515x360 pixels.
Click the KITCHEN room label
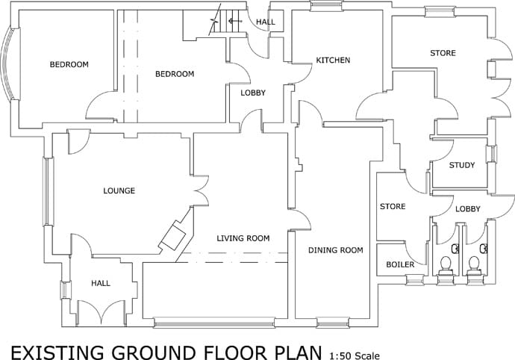coord(333,60)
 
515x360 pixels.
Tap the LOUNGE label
coord(119,190)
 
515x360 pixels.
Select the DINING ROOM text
coord(336,250)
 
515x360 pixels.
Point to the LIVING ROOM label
coord(243,238)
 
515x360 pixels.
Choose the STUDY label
coord(462,165)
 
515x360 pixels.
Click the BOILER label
coord(400,264)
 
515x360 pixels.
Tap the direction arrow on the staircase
coord(235,22)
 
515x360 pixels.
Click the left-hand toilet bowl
coord(446,264)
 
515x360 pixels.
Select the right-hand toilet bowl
coord(474,264)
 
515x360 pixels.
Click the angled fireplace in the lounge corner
coord(173,235)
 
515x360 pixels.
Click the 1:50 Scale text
coord(355,356)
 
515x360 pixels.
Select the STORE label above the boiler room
coord(393,206)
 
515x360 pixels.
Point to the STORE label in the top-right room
coord(443,53)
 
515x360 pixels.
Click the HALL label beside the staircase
coord(266,22)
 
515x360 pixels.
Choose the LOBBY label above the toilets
coord(468,209)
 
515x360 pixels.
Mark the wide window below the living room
coord(213,323)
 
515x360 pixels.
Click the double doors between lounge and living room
coord(202,190)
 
